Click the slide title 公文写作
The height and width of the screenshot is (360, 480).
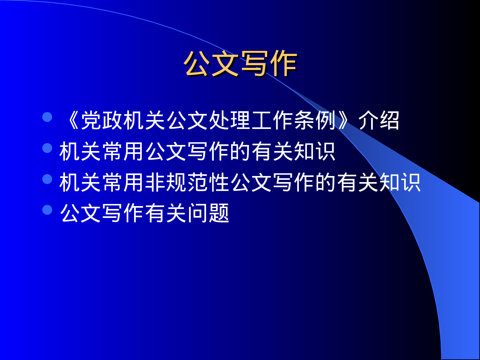coord(240,64)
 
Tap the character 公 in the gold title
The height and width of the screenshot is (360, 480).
coord(197,64)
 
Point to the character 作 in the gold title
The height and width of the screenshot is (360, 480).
coord(283,64)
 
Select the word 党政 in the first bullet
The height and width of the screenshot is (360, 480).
coord(102,121)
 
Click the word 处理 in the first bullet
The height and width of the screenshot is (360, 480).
coord(229,121)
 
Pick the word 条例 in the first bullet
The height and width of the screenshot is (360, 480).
coord(315,121)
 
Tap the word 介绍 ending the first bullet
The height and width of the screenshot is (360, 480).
coord(379,121)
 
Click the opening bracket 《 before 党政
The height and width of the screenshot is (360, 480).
coord(71,121)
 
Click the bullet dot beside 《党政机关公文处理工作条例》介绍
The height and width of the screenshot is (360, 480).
coord(47,117)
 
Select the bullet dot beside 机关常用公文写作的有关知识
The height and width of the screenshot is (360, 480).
coord(47,148)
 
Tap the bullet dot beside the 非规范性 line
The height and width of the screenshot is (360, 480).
coord(47,179)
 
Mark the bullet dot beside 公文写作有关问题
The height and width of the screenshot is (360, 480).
coord(47,210)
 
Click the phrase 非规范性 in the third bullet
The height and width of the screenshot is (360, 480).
coord(187,182)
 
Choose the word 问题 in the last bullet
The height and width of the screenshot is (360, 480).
coord(208,213)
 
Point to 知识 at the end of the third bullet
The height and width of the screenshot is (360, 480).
coord(400,182)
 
